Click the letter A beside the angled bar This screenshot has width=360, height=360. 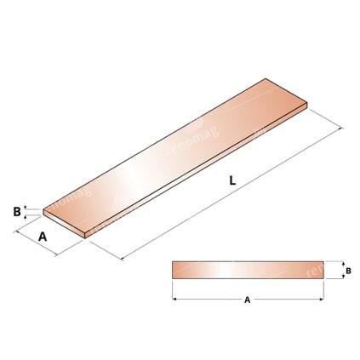click(43, 237)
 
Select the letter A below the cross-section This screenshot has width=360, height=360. click(247, 300)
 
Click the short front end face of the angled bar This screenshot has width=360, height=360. click(64, 220)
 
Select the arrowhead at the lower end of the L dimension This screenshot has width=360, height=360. click(125, 257)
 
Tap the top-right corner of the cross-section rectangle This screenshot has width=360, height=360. click(324, 261)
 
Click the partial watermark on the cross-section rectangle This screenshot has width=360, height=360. click(313, 270)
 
